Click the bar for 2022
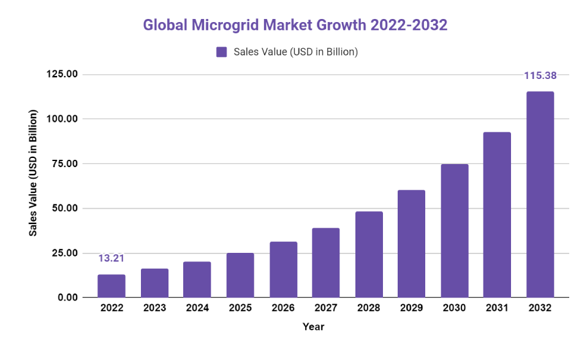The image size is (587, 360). click(x=112, y=286)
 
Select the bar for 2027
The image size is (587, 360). click(x=325, y=263)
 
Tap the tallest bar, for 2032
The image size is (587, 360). click(x=540, y=195)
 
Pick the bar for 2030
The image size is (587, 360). click(x=454, y=231)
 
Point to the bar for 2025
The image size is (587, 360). click(x=240, y=275)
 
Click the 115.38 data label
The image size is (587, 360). click(x=540, y=76)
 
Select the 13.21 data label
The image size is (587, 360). click(x=112, y=258)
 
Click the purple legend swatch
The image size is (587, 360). click(x=222, y=52)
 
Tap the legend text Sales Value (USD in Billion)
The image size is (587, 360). click(x=295, y=52)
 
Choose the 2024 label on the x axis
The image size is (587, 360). click(x=197, y=309)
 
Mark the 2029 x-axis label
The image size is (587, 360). click(x=411, y=309)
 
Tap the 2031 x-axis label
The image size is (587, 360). click(x=497, y=309)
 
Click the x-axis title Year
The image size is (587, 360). click(x=313, y=327)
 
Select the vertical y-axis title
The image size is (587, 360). click(x=34, y=174)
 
